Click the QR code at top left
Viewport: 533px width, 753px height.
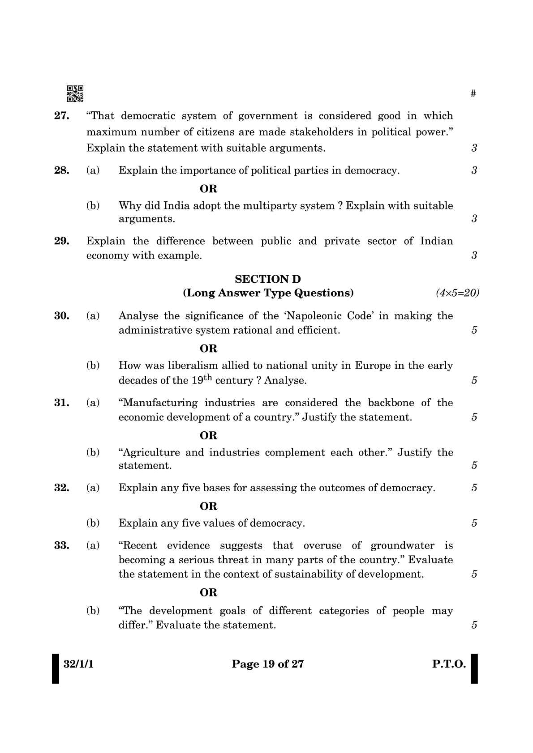coord(75,94)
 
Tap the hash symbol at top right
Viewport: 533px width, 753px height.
coord(473,94)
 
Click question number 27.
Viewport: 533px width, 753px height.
coord(62,116)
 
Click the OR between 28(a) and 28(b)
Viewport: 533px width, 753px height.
coord(209,189)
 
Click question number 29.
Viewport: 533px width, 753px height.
coord(62,241)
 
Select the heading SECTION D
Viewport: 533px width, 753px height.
coord(268,279)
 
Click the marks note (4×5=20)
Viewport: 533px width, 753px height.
coord(457,293)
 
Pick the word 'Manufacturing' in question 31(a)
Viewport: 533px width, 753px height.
coord(159,403)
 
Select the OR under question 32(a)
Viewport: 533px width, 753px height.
coord(209,506)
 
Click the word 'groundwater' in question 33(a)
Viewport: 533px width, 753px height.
coord(402,546)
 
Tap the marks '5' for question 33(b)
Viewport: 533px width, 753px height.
coord(474,625)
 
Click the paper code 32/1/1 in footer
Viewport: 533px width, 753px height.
coord(78,664)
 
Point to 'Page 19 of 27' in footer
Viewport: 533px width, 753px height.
coord(268,664)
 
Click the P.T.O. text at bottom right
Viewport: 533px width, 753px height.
coord(449,664)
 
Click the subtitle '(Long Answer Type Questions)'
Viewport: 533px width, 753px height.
coord(268,293)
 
